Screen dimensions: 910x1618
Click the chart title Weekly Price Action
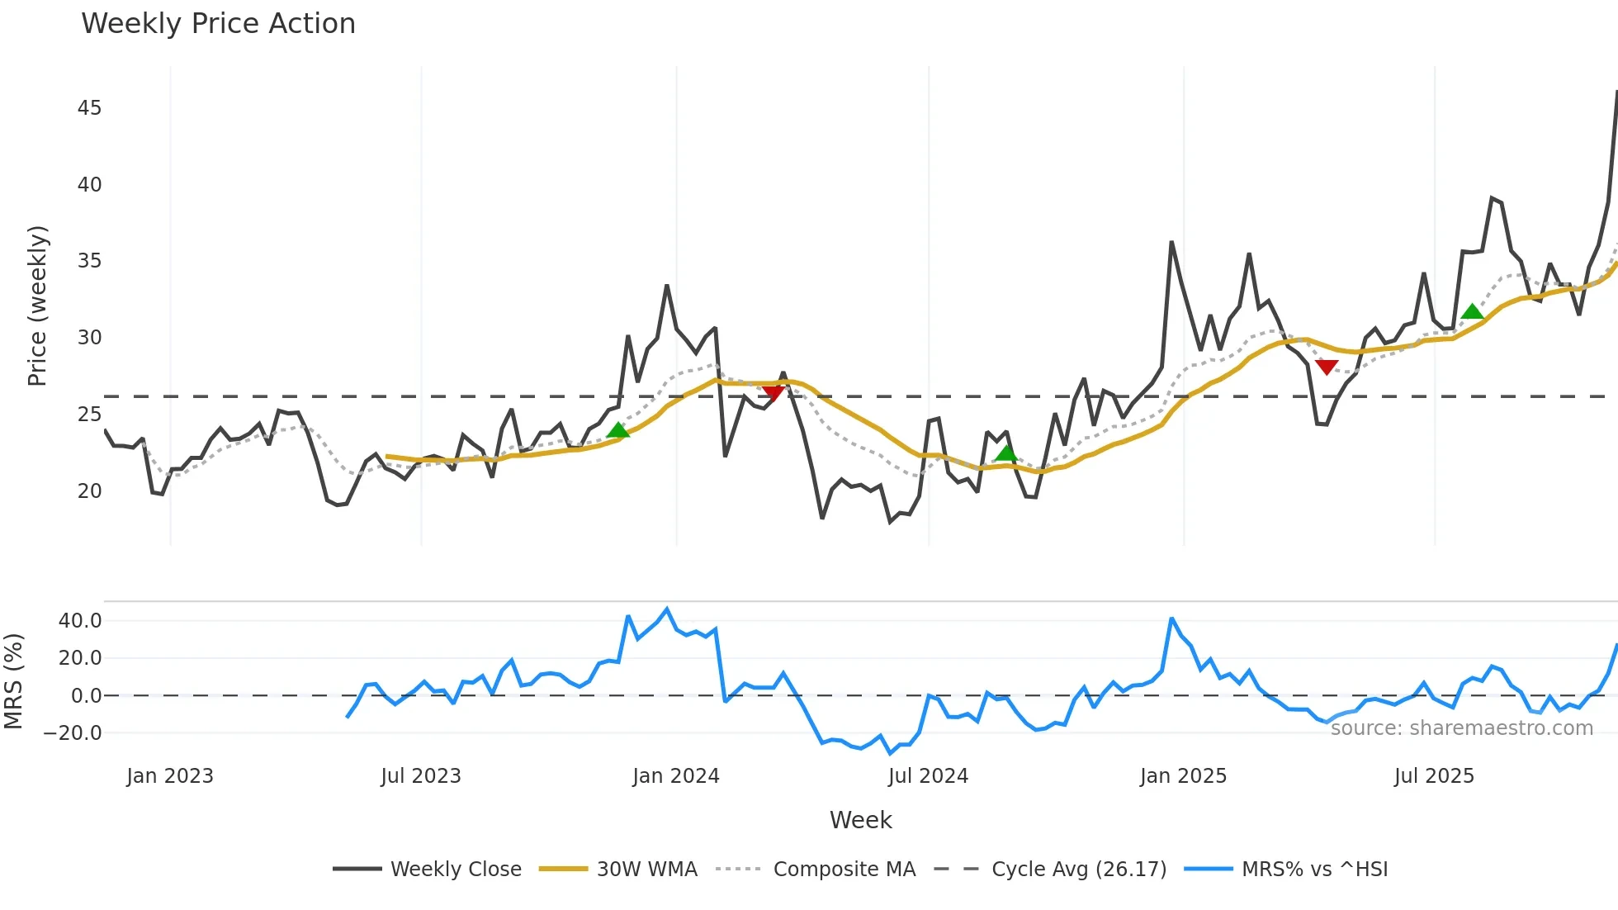pos(218,24)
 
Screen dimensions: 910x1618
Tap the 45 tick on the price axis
pos(89,108)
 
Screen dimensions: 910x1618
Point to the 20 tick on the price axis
pos(89,491)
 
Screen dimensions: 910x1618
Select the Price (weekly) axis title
pos(37,306)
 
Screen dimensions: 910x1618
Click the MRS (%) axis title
pos(13,681)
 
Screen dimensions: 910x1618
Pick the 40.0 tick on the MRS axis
pos(80,621)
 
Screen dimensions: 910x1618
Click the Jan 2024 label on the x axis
pos(676,776)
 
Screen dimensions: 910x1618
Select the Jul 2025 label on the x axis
pos(1434,776)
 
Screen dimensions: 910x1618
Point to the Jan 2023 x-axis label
pos(170,776)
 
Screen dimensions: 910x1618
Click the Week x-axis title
pos(860,820)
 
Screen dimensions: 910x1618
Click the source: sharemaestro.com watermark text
pos(1461,728)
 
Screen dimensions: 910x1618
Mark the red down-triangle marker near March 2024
pos(774,393)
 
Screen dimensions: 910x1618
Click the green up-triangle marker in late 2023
pos(618,429)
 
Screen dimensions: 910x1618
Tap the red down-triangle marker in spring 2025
pos(1327,367)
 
